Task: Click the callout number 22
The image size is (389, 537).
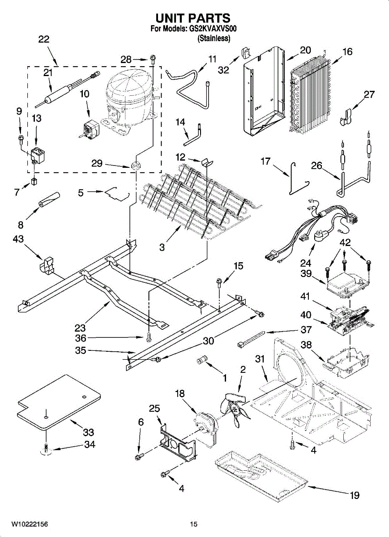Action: click(43, 39)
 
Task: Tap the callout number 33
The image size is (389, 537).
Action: click(88, 432)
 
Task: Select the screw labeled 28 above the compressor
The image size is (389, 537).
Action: click(154, 58)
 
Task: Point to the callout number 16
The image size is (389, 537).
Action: click(347, 52)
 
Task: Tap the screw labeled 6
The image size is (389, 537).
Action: click(138, 456)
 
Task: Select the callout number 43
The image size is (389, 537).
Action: click(18, 240)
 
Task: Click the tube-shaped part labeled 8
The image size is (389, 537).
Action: click(49, 199)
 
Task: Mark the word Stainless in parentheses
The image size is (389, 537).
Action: click(214, 39)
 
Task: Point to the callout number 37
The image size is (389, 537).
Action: click(306, 330)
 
